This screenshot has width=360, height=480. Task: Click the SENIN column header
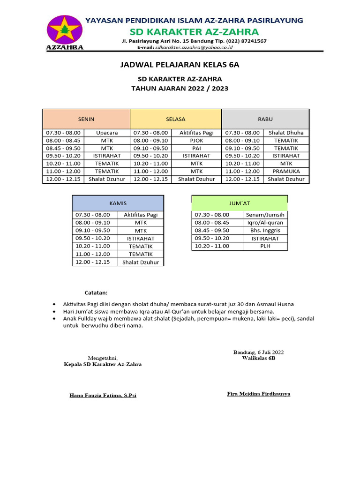pyautogui.click(x=86, y=120)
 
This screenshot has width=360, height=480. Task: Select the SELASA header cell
pyautogui.click(x=175, y=120)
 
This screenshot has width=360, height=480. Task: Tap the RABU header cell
pyautogui.click(x=265, y=120)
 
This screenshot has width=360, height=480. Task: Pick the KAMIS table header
pyautogui.click(x=118, y=203)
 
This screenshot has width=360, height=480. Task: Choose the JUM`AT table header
pyautogui.click(x=240, y=203)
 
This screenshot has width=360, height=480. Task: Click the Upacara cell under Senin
pyautogui.click(x=107, y=133)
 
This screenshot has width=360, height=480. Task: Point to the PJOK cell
pyautogui.click(x=196, y=140)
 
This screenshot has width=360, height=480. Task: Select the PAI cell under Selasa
pyautogui.click(x=196, y=148)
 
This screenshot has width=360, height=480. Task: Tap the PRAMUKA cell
pyautogui.click(x=286, y=171)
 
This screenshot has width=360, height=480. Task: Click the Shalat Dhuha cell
pyautogui.click(x=286, y=133)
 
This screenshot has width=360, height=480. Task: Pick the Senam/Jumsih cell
pyautogui.click(x=265, y=215)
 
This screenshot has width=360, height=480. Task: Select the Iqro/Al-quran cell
pyautogui.click(x=265, y=223)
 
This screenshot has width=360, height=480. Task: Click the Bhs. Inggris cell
pyautogui.click(x=265, y=230)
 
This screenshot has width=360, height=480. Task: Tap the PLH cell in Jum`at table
pyautogui.click(x=265, y=246)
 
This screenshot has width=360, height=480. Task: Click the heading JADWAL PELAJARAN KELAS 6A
pyautogui.click(x=180, y=65)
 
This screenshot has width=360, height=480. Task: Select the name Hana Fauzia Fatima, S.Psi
pyautogui.click(x=103, y=396)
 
